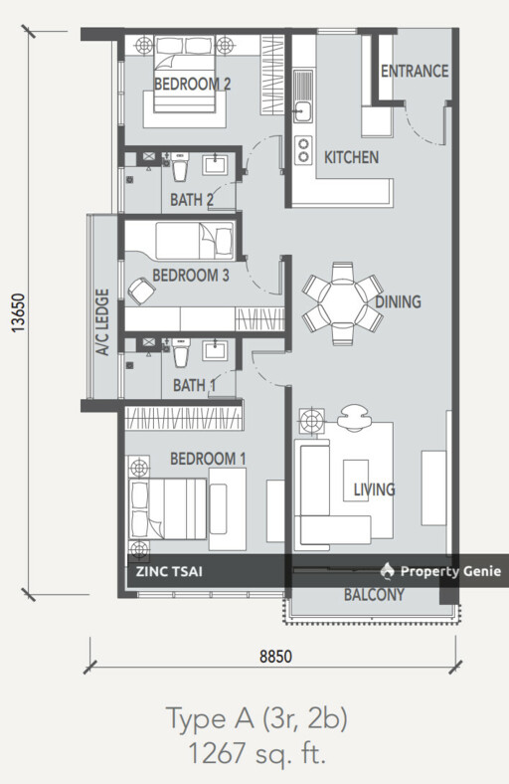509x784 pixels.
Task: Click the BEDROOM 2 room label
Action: pos(192,86)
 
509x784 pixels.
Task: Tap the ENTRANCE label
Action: pos(415,72)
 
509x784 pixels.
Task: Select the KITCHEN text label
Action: pos(351,157)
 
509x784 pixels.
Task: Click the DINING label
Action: pos(398,302)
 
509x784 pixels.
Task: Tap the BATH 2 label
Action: pos(192,200)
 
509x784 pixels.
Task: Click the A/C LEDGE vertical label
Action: pos(101,323)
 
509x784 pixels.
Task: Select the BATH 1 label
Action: pos(194,385)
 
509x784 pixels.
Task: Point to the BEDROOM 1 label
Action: pos(208,459)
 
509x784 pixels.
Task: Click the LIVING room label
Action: pos(374,490)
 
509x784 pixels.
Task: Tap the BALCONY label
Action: pos(374,596)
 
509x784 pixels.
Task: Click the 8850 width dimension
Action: pos(273,657)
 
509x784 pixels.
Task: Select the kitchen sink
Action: pos(303,110)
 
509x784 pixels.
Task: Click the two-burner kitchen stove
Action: pos(303,150)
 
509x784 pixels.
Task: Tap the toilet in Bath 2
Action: pos(180,166)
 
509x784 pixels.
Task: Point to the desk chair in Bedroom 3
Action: pos(141,290)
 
